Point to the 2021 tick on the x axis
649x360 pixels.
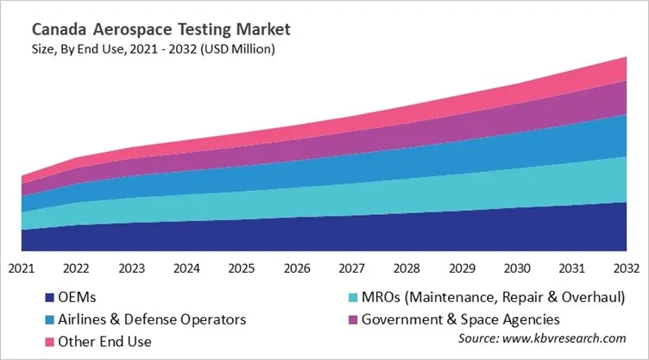[21, 268]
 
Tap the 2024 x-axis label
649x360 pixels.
[186, 268]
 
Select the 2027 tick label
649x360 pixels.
[352, 268]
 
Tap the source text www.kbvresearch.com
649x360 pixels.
[552, 339]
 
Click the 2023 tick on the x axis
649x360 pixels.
[131, 268]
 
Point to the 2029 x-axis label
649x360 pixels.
[462, 268]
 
